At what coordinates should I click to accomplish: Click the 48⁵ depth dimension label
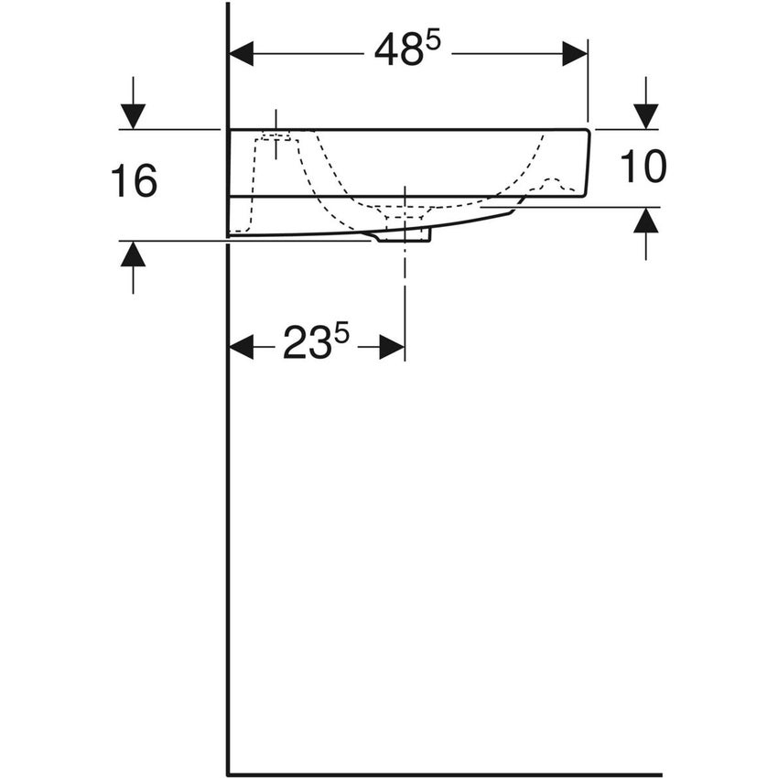[407, 53]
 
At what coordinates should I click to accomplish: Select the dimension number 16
[134, 181]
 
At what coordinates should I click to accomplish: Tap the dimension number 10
[643, 167]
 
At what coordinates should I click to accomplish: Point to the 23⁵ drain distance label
[316, 345]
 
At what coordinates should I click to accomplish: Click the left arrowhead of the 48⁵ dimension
[241, 53]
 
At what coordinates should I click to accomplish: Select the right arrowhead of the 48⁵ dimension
[575, 53]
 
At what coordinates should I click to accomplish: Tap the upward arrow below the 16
[134, 254]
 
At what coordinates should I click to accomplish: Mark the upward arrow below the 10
[646, 220]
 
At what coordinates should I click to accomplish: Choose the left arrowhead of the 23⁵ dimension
[241, 346]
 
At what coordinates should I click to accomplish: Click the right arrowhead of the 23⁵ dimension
[392, 346]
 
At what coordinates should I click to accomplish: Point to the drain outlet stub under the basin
[403, 235]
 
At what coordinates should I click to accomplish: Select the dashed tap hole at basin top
[276, 137]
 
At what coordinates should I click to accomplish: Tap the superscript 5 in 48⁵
[433, 42]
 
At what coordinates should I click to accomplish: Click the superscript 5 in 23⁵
[341, 334]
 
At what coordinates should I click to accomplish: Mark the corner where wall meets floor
[228, 774]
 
